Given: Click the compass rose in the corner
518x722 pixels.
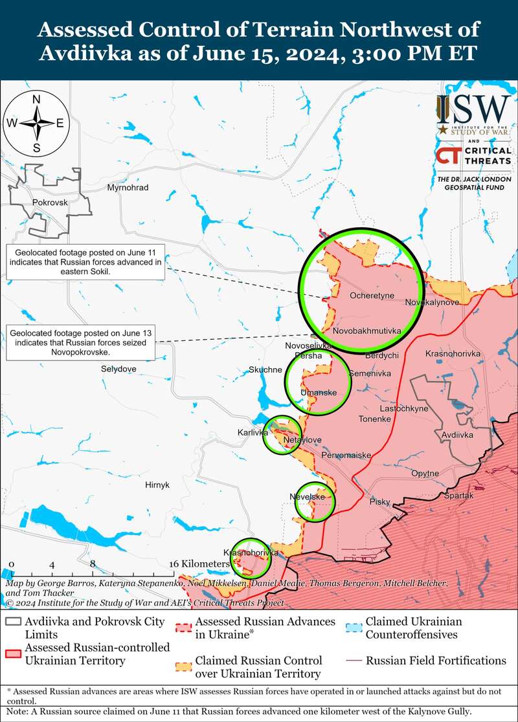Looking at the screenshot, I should click(x=37, y=123).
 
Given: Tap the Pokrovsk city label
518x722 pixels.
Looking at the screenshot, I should click(x=49, y=202).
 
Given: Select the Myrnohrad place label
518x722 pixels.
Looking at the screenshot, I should click(x=128, y=188).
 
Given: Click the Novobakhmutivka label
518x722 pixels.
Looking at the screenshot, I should click(x=366, y=331).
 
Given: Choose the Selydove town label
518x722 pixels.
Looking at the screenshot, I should click(x=118, y=369).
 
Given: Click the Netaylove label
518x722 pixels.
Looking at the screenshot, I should click(x=303, y=440).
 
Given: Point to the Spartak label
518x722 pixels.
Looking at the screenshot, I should click(x=459, y=496).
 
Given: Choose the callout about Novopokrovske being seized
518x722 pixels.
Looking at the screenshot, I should click(x=80, y=342).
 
